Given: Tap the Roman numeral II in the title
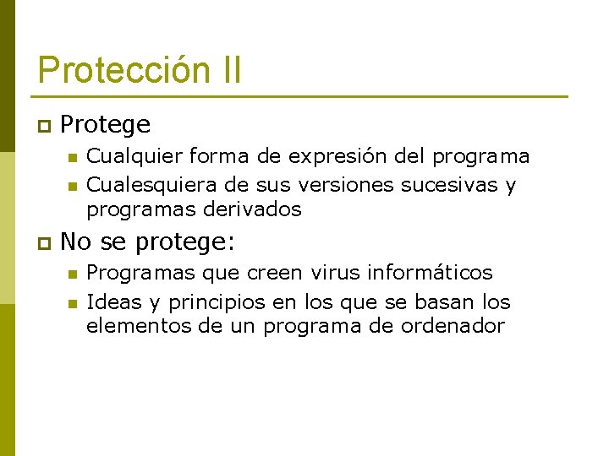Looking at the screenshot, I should pos(228,70).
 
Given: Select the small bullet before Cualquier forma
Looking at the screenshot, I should pos(72,157).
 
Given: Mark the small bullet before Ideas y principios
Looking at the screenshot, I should pos(72,302).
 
